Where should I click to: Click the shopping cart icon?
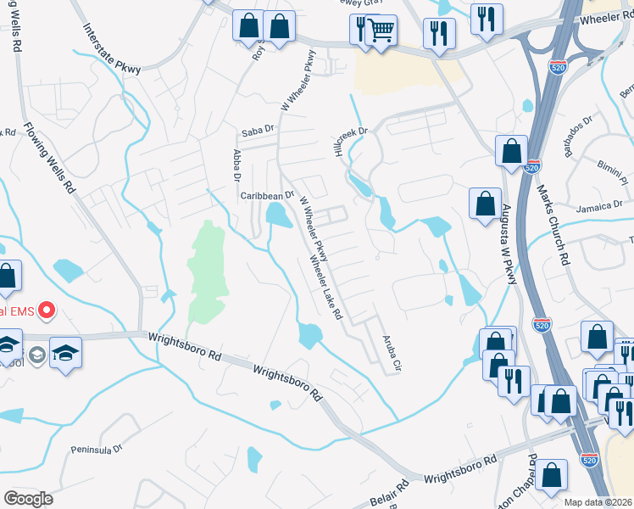(381, 31)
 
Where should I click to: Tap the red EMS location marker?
(45, 310)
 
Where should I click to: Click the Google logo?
(27, 499)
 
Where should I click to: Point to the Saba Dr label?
(259, 131)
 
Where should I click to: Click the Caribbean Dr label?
(266, 195)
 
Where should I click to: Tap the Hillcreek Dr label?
(350, 138)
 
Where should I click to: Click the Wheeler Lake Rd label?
(325, 288)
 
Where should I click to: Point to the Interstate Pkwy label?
(111, 48)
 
